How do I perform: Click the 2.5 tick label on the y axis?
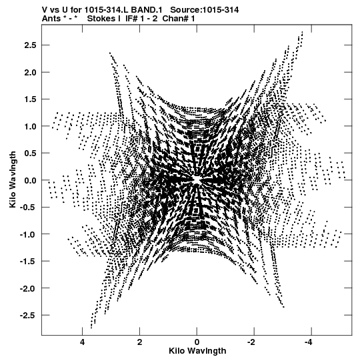click(x=30, y=45)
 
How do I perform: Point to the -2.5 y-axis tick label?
click(x=29, y=315)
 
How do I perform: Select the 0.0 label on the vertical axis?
click(x=30, y=180)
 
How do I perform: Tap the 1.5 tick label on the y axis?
click(x=30, y=99)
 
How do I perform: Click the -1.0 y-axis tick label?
click(x=29, y=234)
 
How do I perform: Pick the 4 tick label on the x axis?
click(x=83, y=342)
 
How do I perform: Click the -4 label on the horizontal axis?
click(x=309, y=342)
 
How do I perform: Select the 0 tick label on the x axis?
click(x=197, y=342)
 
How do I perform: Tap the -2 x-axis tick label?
click(x=251, y=342)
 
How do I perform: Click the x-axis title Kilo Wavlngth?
click(x=197, y=351)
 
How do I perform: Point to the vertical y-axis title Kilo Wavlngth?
click(x=13, y=179)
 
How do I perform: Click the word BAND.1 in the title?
click(x=147, y=10)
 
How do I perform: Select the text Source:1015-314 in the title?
click(x=205, y=10)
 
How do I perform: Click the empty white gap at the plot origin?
click(x=197, y=179)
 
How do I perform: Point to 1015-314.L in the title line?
click(x=107, y=10)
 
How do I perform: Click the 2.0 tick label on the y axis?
click(x=30, y=72)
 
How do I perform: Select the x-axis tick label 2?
click(x=139, y=342)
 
